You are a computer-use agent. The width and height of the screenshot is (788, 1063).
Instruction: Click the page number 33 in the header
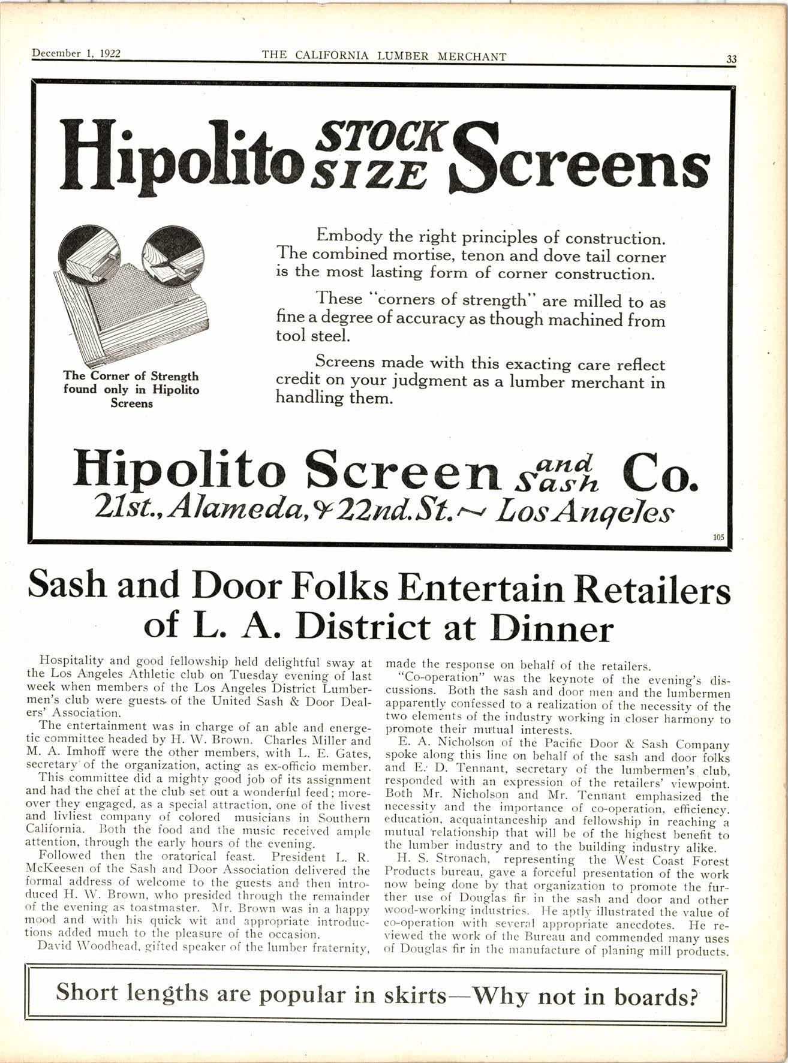[731, 59]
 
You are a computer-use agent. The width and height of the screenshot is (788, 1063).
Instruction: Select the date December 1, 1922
[76, 53]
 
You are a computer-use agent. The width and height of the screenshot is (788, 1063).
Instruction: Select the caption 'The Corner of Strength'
[131, 377]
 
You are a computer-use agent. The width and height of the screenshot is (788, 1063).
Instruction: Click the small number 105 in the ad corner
[718, 537]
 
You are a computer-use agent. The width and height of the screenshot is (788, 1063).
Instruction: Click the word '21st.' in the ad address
[129, 511]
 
